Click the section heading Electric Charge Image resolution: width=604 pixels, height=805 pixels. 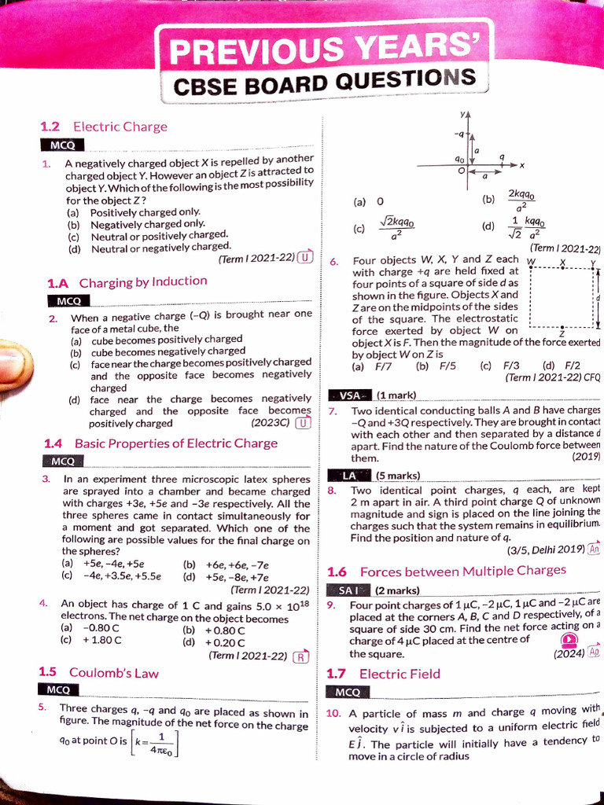pos(120,127)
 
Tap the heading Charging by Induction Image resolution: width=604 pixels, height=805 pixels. pos(143,281)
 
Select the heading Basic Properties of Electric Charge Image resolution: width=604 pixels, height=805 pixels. pos(175,443)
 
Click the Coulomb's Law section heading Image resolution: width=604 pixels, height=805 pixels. pos(113,672)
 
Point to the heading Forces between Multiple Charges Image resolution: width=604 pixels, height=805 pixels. pos(462,571)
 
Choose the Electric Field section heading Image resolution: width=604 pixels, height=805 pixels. pos(400,674)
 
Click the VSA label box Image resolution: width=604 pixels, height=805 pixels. pos(348,395)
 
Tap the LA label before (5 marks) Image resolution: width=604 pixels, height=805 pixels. pos(349,476)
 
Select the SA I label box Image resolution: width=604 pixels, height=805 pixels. pos(348,590)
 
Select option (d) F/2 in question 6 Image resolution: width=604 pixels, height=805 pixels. pos(561,366)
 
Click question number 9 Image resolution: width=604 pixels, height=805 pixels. pos(332,605)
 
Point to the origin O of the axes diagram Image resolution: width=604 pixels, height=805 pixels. pos(462,171)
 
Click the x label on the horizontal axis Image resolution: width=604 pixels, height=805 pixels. pos(521,165)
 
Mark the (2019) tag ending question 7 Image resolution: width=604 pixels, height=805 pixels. pos(586,457)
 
